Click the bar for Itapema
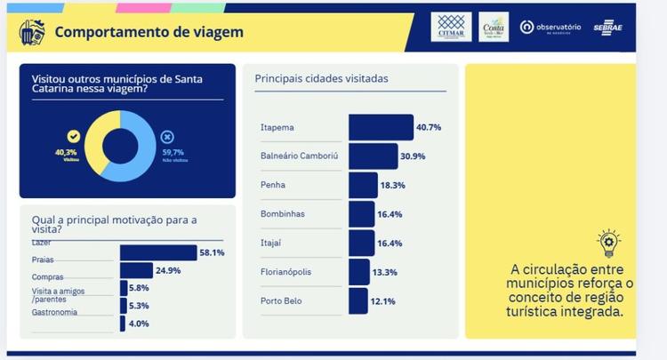[x=381, y=127]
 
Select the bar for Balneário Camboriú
[x=373, y=156]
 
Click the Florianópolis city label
[x=286, y=272]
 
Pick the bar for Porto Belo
[x=358, y=300]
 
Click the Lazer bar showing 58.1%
[x=157, y=252]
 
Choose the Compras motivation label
[x=46, y=276]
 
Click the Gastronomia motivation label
[x=54, y=312]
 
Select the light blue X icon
[x=168, y=137]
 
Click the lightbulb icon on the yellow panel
[x=609, y=242]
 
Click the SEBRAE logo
[x=609, y=28]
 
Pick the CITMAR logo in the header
[x=451, y=27]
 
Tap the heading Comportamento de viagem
[x=149, y=33]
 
